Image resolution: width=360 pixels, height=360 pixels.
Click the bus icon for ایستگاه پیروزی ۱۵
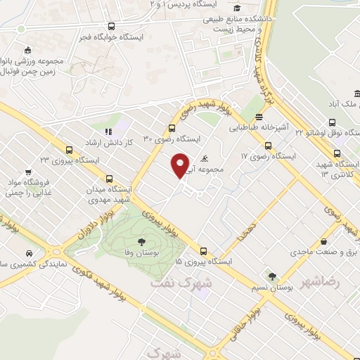[203, 251]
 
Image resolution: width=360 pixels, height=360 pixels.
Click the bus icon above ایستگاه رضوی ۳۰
[172, 128]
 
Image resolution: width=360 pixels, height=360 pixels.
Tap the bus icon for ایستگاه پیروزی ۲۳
[69, 150]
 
